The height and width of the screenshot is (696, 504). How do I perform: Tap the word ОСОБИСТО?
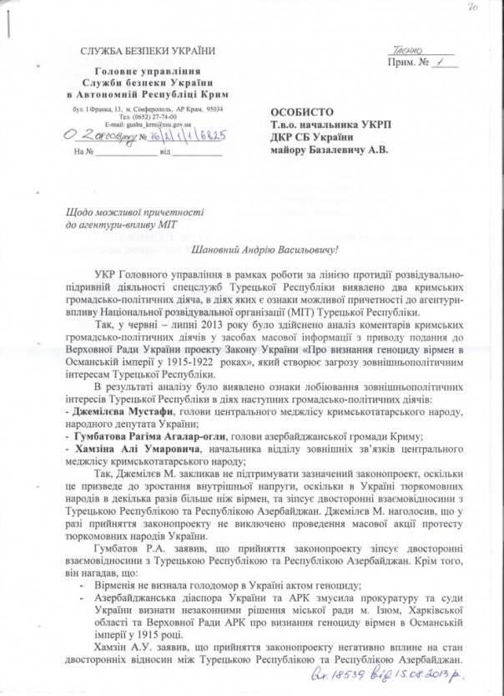click(299, 112)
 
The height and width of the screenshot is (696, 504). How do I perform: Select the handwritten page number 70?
click(473, 8)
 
